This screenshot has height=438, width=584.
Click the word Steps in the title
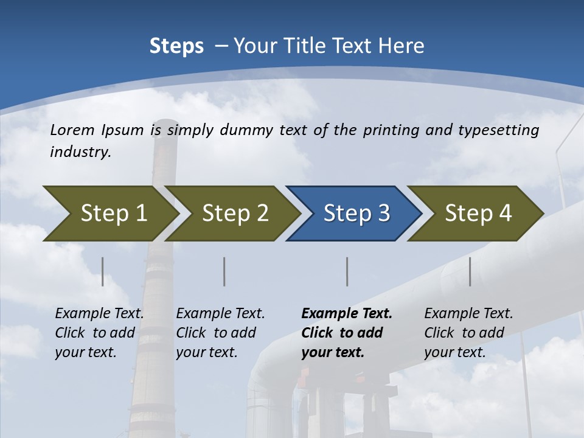click(176, 46)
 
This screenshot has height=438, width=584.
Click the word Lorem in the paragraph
click(72, 130)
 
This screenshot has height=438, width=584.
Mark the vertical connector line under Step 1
click(103, 271)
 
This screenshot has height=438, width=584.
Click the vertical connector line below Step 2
click(224, 271)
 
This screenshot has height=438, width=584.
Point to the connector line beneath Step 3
click(347, 271)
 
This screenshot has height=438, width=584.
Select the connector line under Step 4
click(470, 271)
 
